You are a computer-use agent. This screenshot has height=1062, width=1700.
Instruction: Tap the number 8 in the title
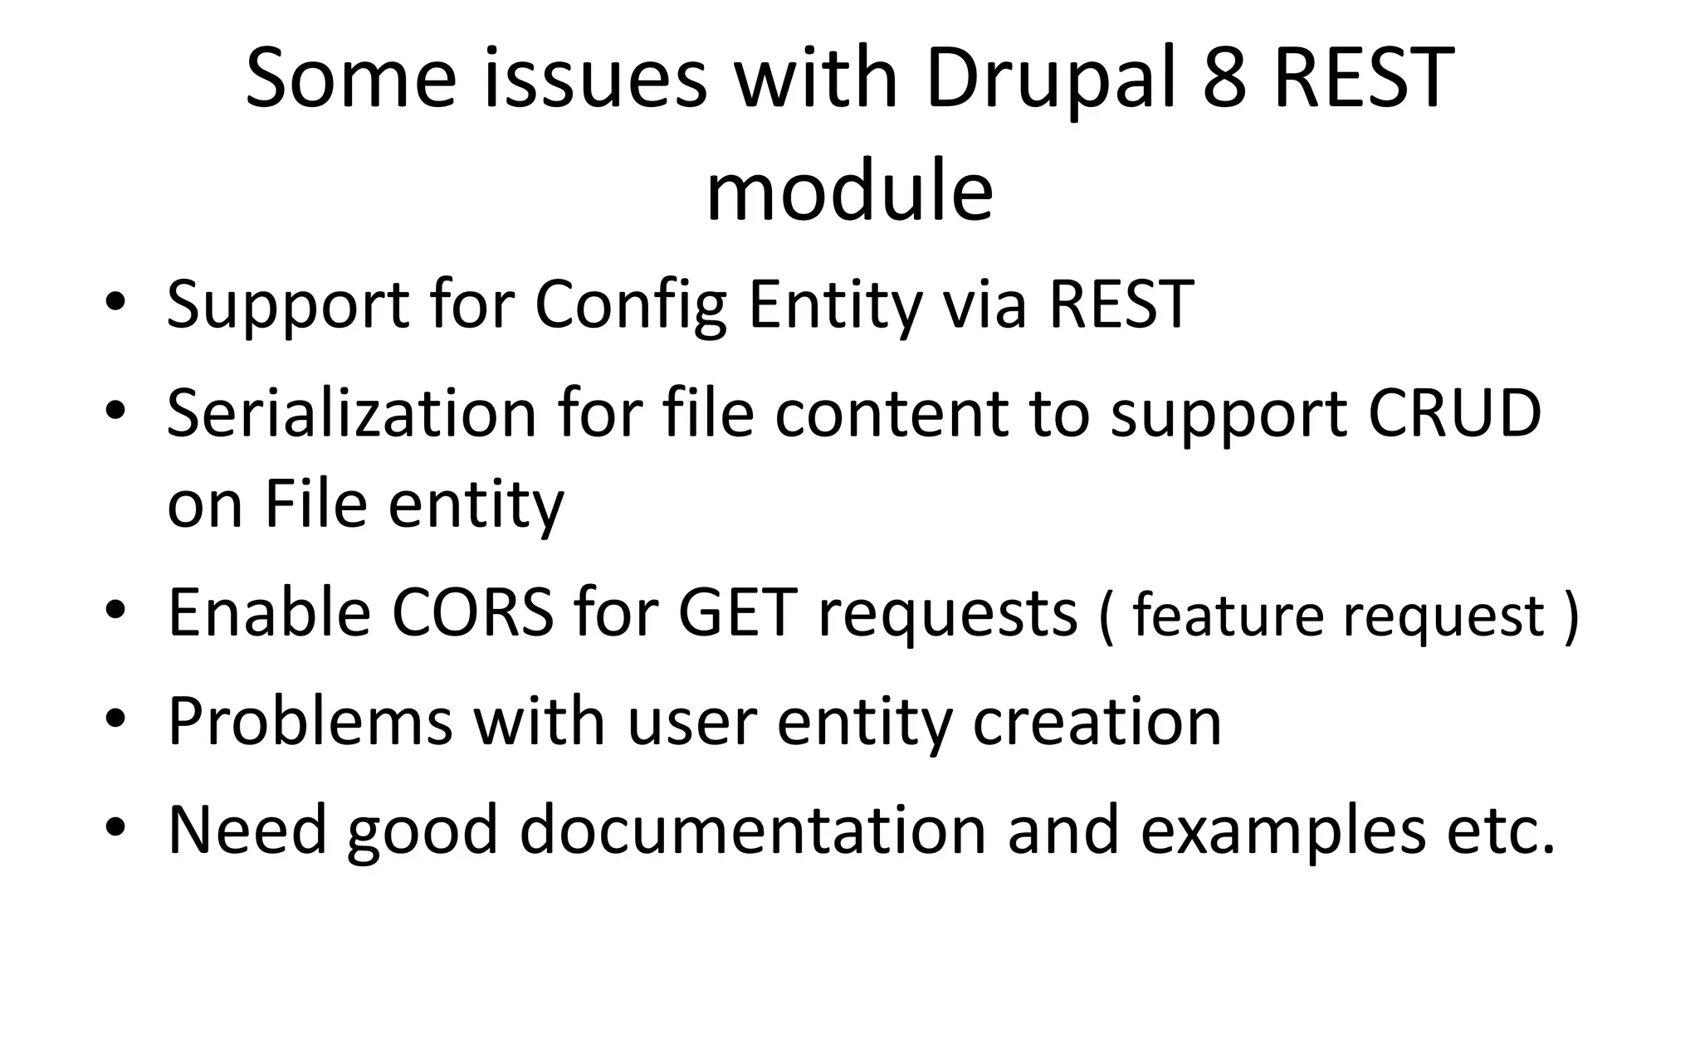click(x=1224, y=79)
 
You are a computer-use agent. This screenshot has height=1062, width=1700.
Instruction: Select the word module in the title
click(x=849, y=192)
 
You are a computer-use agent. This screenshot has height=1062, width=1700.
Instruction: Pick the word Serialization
click(x=351, y=413)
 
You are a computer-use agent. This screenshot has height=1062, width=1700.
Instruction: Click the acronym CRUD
click(x=1453, y=412)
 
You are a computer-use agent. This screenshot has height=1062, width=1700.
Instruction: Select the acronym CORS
click(x=471, y=612)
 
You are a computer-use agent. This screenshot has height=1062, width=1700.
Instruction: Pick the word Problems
click(x=310, y=720)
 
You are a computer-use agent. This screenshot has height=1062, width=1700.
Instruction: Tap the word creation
click(x=1097, y=720)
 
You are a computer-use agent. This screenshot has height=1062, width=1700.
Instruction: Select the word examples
click(x=1282, y=830)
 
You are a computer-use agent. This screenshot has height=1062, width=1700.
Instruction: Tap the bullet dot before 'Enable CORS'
click(x=115, y=611)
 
